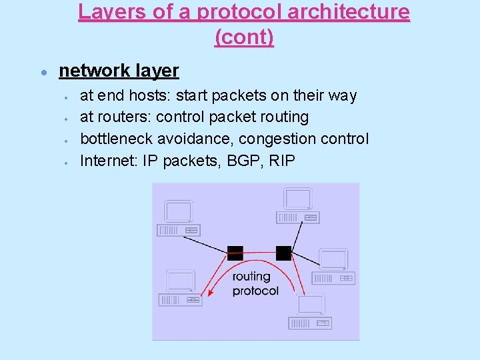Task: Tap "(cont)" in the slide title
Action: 244,37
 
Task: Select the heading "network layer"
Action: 119,71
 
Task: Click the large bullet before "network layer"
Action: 43,71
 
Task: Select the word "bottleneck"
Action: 118,139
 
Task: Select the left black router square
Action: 235,253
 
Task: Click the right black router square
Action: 283,253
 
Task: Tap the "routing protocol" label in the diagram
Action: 255,283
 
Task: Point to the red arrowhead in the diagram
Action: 209,291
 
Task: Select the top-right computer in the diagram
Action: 297,205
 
